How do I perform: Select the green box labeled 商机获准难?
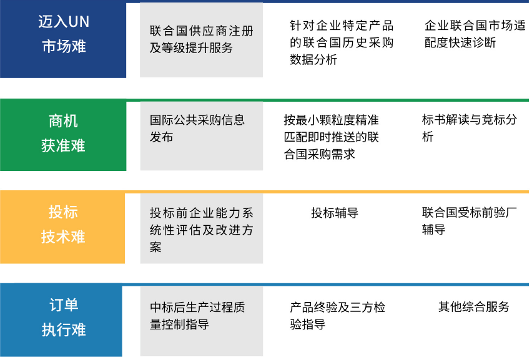tap(63, 135)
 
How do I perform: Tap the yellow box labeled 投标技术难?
tap(62, 226)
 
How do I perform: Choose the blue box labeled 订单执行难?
tap(61, 319)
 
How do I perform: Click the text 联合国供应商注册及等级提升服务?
tap(202, 39)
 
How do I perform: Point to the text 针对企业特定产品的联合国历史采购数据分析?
tap(342, 42)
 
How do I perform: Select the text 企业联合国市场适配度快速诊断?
tap(475, 34)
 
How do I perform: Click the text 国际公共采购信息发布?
tap(197, 129)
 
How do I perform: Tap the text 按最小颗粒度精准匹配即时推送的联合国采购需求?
tap(331, 137)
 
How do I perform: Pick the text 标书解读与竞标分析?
tap(470, 128)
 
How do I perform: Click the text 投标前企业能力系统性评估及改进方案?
tap(202, 230)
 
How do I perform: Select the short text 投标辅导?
tap(335, 213)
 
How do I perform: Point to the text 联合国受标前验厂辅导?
tap(470, 221)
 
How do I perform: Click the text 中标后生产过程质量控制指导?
tap(197, 316)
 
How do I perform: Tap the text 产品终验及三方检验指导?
tap(338, 316)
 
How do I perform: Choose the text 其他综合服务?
tap(474, 307)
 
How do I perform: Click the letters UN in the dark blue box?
tap(79, 22)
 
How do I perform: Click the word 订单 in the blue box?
tap(64, 305)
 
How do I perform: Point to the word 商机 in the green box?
tap(63, 121)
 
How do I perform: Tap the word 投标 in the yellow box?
tap(63, 212)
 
